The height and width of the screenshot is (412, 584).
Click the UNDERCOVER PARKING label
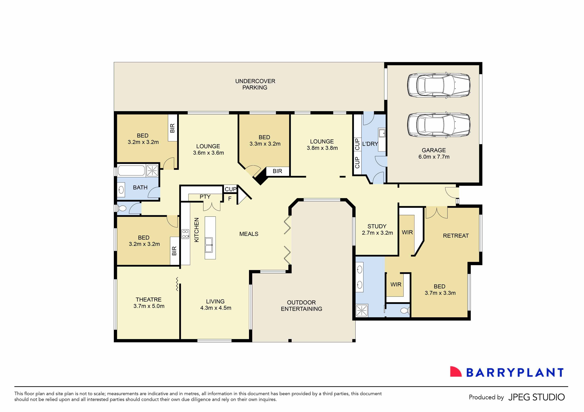click(255, 84)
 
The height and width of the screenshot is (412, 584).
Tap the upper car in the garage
click(438, 85)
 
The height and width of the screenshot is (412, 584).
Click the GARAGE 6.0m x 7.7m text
click(434, 153)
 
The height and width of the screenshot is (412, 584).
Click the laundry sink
click(382, 133)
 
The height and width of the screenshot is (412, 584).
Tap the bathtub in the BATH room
click(131, 170)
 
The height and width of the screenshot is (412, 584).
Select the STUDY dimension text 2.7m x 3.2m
click(377, 233)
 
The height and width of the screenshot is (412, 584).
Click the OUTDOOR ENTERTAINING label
click(301, 305)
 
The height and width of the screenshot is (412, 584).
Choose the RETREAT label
click(456, 236)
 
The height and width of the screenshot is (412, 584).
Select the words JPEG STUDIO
click(536, 397)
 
